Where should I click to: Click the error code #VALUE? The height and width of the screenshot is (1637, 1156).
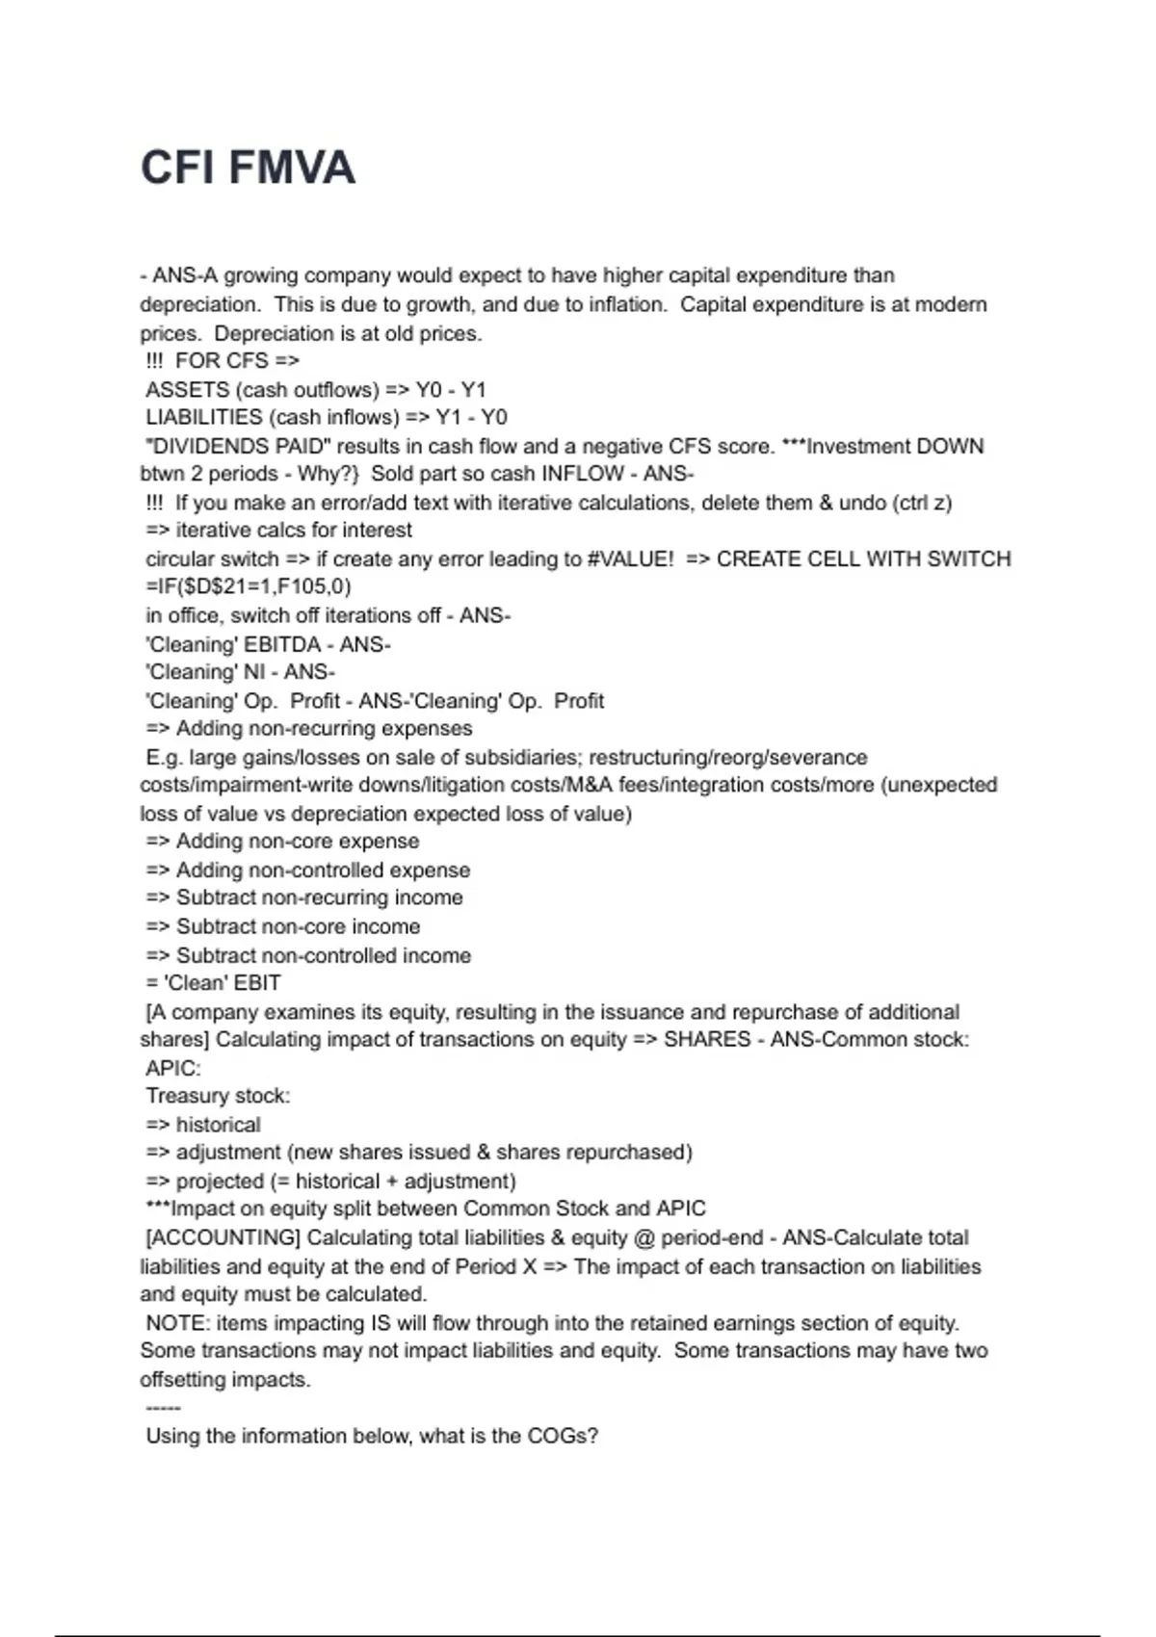[x=630, y=559]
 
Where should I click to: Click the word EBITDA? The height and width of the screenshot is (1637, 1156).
[x=282, y=644]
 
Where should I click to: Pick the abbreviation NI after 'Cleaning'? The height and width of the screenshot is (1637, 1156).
[x=253, y=672]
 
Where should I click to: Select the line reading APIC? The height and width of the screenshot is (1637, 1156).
[x=173, y=1069]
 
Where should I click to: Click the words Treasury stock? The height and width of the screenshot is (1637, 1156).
[x=218, y=1096]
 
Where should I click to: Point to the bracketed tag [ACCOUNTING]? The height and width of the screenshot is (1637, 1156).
[x=223, y=1237]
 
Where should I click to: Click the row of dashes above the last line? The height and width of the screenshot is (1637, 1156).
[x=163, y=1408]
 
